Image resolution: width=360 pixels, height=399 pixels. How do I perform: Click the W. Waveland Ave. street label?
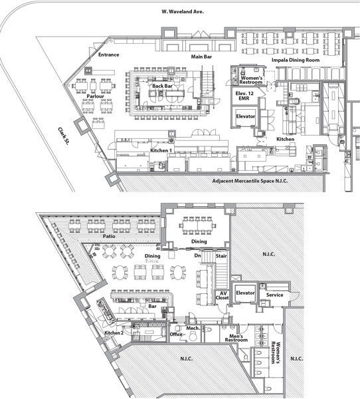click(x=183, y=12)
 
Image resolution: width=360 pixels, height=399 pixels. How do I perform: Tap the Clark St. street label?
click(x=64, y=136)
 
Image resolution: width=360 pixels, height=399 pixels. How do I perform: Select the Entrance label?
click(x=108, y=55)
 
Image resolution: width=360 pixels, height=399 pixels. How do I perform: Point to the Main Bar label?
click(x=201, y=57)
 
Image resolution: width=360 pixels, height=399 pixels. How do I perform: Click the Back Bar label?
click(x=162, y=86)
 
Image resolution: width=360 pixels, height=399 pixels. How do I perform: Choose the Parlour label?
click(x=96, y=96)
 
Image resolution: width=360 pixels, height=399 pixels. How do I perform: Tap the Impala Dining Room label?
click(x=296, y=60)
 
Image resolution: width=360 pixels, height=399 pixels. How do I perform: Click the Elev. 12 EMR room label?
click(x=244, y=96)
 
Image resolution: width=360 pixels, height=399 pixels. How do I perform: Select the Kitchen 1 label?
click(x=161, y=150)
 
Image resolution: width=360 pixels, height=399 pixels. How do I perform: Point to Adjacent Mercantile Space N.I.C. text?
click(x=250, y=181)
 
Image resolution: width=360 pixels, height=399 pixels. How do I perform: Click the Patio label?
click(x=109, y=236)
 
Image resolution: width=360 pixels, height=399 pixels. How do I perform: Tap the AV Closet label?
click(x=223, y=295)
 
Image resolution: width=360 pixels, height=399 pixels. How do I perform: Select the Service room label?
click(x=274, y=295)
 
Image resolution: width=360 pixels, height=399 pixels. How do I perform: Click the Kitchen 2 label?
click(x=114, y=333)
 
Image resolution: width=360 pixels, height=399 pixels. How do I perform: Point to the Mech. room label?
click(x=193, y=329)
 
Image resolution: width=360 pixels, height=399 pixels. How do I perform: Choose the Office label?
click(x=176, y=334)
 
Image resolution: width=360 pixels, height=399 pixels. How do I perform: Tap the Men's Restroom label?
click(x=236, y=338)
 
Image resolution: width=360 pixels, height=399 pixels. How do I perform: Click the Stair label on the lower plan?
click(x=221, y=256)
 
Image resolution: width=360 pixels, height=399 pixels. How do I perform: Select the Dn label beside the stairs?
click(x=197, y=255)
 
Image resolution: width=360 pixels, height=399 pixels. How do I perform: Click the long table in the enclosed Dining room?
click(x=197, y=225)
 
